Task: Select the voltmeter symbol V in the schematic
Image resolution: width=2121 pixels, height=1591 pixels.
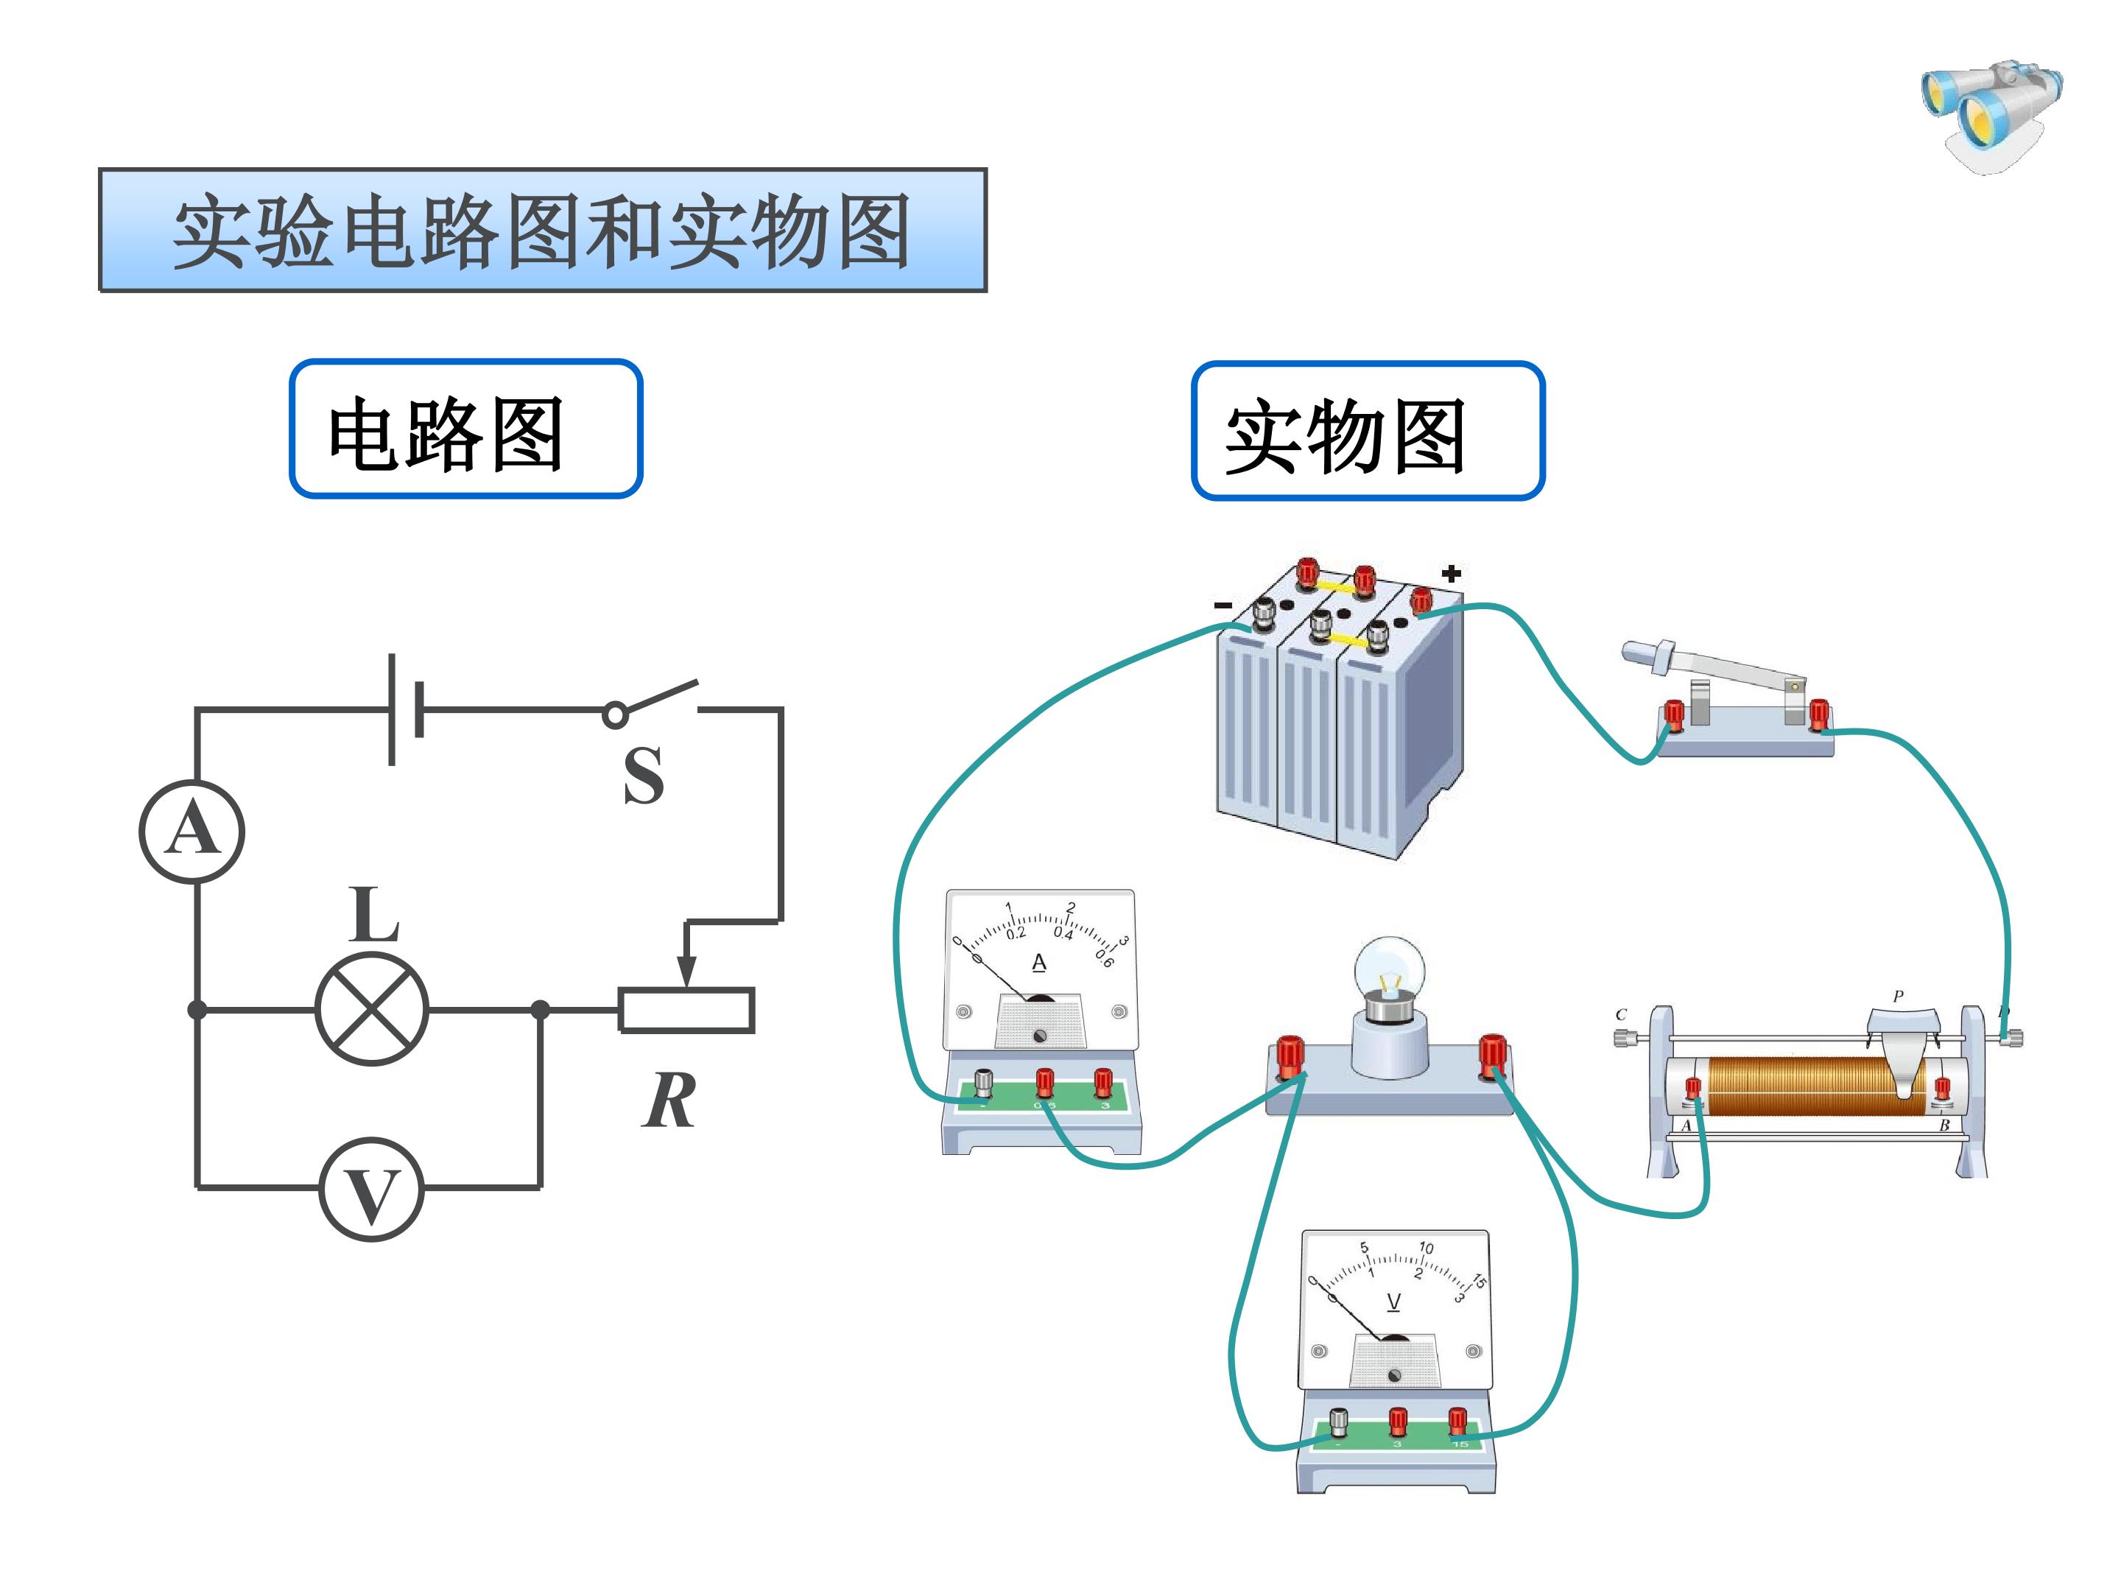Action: click(371, 1189)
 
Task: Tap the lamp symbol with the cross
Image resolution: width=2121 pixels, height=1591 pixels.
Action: click(372, 1009)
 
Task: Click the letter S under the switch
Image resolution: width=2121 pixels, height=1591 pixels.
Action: click(642, 775)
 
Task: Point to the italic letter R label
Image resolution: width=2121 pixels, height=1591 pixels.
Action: click(668, 1101)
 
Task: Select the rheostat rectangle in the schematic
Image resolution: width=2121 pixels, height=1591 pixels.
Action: click(686, 1010)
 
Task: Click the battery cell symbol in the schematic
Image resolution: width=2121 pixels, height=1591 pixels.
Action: click(404, 709)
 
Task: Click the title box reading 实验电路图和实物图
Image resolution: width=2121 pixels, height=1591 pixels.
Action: click(543, 230)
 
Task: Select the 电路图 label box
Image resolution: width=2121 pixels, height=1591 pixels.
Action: click(466, 429)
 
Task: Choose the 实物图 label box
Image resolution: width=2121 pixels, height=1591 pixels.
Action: click(1368, 432)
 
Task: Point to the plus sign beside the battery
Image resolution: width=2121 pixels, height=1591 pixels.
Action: click(1451, 574)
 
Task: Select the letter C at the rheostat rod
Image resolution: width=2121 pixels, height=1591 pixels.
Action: click(1620, 1014)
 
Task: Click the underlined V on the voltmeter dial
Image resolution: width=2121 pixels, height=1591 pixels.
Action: click(1393, 1302)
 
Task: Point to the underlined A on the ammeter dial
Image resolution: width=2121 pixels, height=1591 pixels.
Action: click(1038, 962)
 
